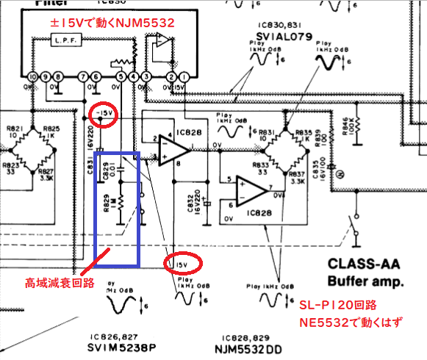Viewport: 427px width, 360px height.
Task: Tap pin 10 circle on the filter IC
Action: click(x=32, y=77)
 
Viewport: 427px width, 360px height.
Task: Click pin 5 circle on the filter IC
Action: click(x=121, y=77)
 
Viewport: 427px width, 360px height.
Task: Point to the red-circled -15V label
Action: click(x=105, y=114)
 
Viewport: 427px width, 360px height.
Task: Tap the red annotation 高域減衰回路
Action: click(x=54, y=281)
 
